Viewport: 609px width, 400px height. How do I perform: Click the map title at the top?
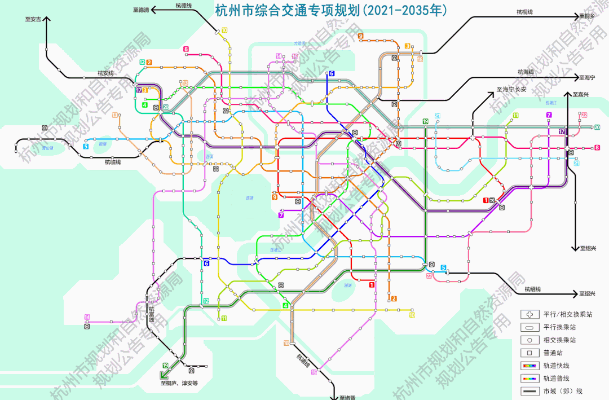coord(332,10)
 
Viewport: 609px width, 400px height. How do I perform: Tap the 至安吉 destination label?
coord(33,19)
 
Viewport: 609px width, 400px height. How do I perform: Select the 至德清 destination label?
coord(141,10)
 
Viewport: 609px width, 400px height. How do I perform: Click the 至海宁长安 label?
coord(511,89)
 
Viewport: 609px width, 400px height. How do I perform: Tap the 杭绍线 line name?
coord(532,289)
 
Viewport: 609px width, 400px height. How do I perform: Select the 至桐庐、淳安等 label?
coord(179,383)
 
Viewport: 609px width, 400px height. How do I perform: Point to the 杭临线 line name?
coord(113,162)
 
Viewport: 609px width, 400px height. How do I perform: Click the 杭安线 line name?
coord(105,73)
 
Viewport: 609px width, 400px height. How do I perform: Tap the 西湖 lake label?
coord(249,198)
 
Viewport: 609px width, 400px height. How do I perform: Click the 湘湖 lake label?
coord(347,285)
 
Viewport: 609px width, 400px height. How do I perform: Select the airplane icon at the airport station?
coord(492,200)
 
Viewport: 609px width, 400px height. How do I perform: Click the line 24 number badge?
coord(576,164)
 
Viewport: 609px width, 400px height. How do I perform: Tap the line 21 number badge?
coord(438,116)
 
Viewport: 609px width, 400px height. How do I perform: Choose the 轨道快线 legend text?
coord(556,366)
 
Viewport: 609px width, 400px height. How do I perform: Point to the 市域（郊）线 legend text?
coord(563,391)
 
